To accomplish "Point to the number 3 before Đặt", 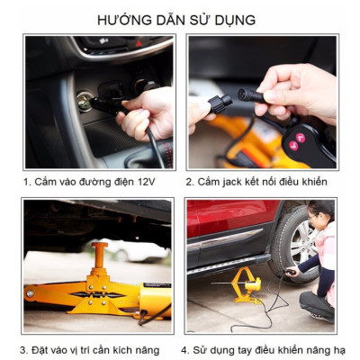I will (x=23, y=350).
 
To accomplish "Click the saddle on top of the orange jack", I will (x=98, y=246).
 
